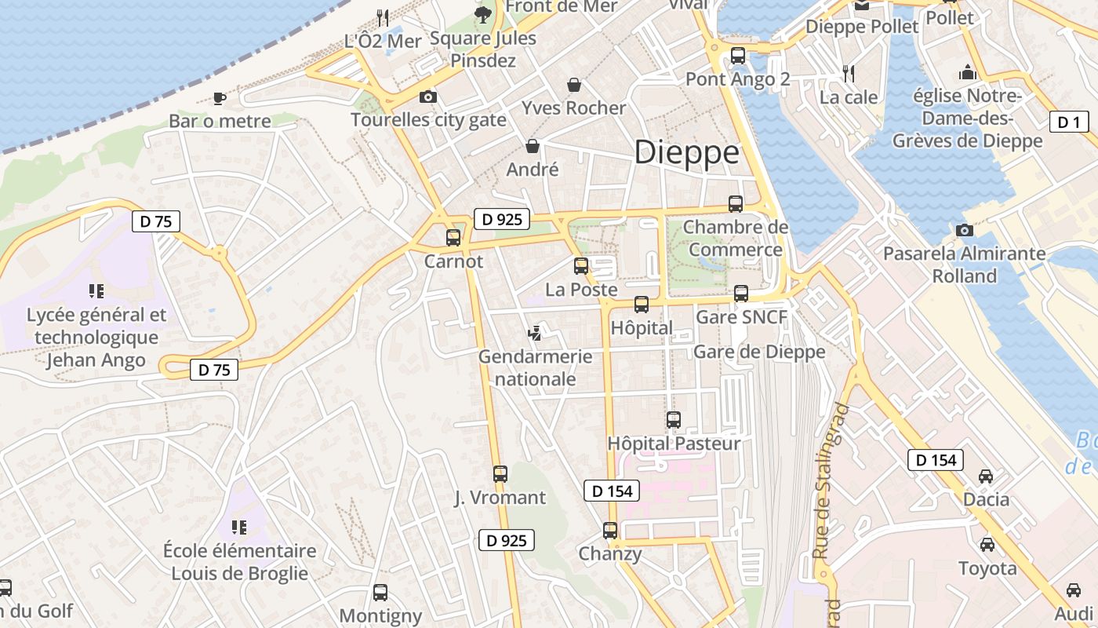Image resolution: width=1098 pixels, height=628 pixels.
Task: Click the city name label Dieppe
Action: [686, 152]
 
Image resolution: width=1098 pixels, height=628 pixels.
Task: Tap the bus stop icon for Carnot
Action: [453, 237]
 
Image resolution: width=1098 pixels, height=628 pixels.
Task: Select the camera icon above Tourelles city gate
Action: [428, 97]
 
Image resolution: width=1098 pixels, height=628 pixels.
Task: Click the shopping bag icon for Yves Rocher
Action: [574, 85]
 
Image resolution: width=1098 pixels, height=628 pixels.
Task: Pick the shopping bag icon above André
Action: [533, 146]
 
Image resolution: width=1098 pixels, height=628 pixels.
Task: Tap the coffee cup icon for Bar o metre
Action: [220, 98]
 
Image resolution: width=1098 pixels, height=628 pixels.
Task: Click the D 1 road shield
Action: [1068, 122]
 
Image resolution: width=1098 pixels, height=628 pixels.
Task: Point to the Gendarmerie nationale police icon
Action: [536, 333]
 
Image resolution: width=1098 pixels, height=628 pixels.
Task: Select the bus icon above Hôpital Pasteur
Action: [674, 420]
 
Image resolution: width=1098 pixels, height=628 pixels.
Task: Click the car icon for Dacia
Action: [986, 476]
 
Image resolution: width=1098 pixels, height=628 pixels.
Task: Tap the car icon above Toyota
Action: [987, 545]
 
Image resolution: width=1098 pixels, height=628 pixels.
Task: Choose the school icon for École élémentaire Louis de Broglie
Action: [239, 527]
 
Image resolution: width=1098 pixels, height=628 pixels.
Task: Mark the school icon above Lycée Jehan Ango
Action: [96, 291]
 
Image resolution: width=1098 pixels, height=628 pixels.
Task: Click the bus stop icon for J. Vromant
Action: [500, 474]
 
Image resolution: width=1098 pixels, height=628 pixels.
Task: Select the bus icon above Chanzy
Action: [610, 531]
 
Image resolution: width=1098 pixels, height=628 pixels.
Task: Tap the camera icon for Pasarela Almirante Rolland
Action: [965, 230]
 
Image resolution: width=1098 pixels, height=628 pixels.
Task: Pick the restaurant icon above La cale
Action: [849, 74]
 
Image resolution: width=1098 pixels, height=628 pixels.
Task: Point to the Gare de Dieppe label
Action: [759, 352]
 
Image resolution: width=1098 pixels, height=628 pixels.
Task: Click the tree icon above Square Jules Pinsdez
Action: [483, 14]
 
